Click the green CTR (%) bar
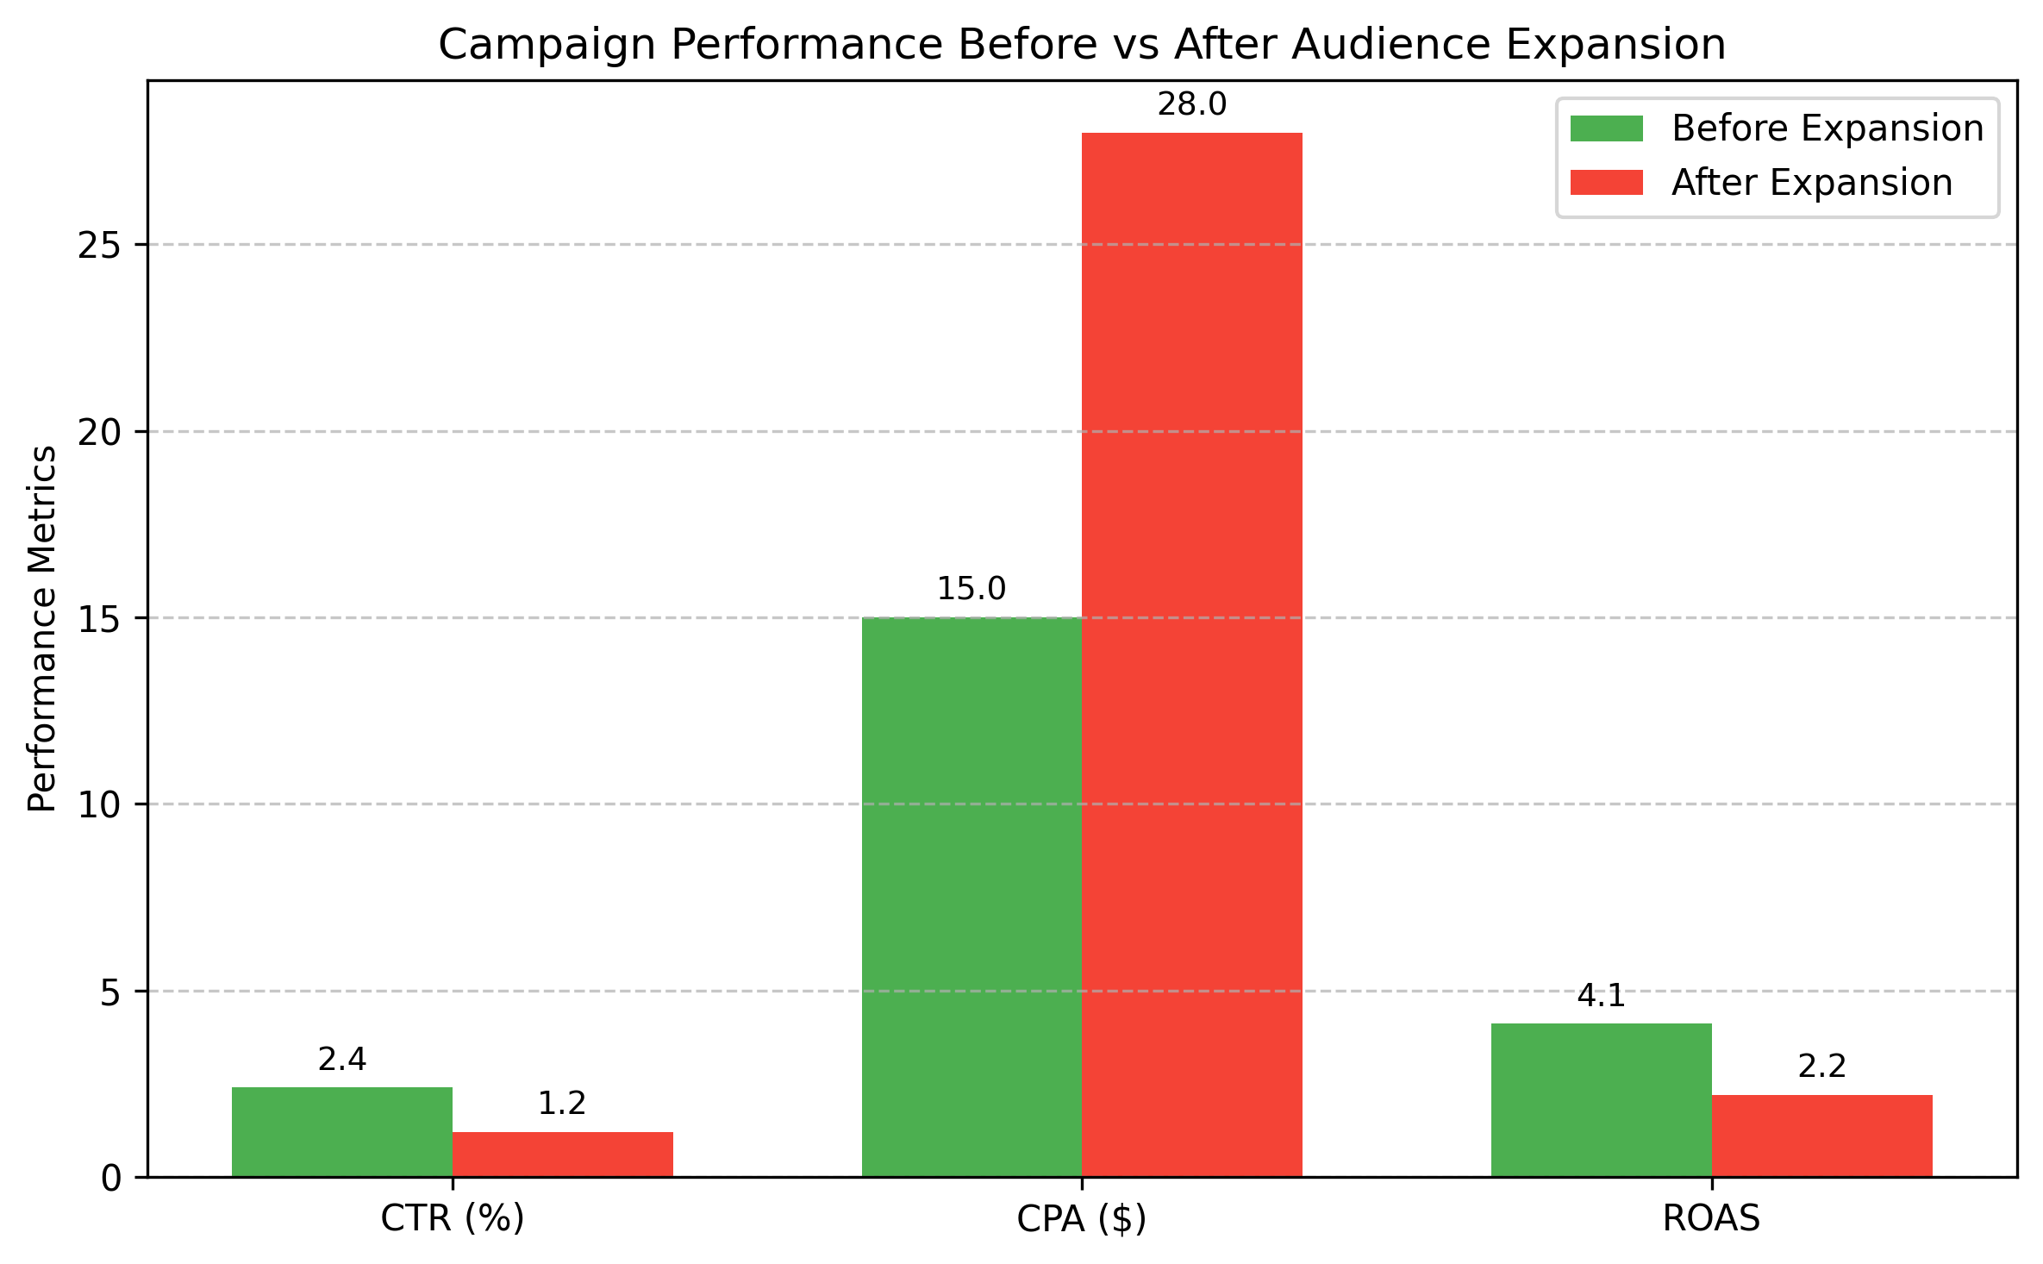(342, 1131)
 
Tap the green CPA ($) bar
(972, 897)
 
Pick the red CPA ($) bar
(1191, 655)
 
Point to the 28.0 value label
(1191, 105)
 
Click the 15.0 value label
(972, 590)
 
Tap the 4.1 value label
(1601, 997)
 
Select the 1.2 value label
(562, 1104)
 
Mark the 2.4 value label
(342, 1060)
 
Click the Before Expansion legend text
(1827, 128)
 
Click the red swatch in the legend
(1606, 183)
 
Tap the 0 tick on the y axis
(112, 1179)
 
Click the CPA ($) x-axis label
(1081, 1218)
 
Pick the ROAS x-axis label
(1710, 1218)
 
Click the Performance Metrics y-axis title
(43, 629)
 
